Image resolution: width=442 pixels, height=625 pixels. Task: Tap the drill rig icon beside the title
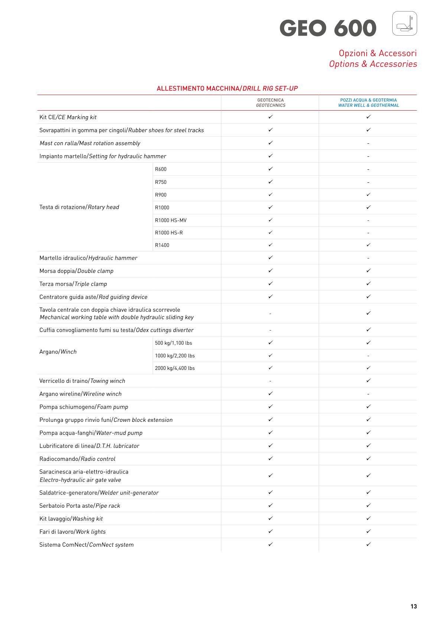[404, 23]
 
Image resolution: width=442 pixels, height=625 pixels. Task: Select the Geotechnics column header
[270, 103]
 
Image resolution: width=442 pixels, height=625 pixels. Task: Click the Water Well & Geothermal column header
[368, 103]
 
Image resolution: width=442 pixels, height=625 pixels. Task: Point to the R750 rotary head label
[160, 182]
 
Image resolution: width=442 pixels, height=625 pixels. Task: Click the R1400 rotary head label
[162, 245]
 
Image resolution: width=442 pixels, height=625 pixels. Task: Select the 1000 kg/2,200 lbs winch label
[175, 356]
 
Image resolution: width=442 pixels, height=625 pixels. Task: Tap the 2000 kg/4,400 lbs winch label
[175, 368]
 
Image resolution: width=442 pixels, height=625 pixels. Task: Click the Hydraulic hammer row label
[88, 258]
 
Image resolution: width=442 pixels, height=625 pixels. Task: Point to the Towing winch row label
[82, 381]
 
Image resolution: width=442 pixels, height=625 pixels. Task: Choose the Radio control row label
[77, 459]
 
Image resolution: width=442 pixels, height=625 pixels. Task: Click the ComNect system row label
[87, 545]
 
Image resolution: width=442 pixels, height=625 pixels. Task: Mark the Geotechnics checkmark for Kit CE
[270, 117]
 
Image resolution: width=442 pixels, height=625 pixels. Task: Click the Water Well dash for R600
[368, 169]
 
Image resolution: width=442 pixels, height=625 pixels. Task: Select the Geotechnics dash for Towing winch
[270, 381]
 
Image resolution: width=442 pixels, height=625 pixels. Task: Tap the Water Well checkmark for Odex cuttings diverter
[368, 330]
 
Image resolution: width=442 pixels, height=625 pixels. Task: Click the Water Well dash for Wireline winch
[368, 394]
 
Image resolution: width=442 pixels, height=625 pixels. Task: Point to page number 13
[413, 606]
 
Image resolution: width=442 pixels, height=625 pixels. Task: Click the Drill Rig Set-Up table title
[227, 88]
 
